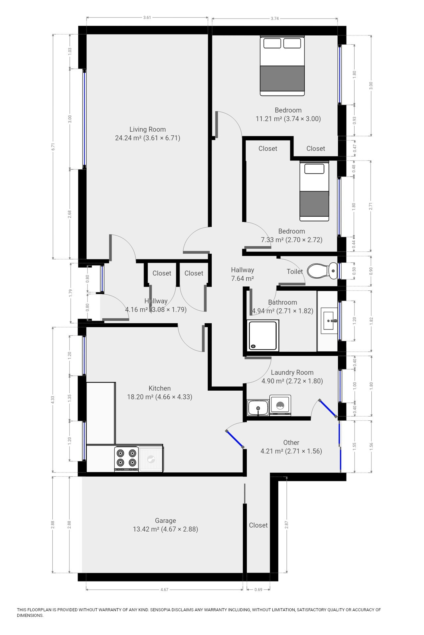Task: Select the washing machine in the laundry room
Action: coord(280,405)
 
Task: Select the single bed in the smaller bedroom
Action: coord(314,191)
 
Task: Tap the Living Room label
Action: coord(148,129)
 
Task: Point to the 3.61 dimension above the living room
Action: coord(147,18)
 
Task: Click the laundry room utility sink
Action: coord(258,407)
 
